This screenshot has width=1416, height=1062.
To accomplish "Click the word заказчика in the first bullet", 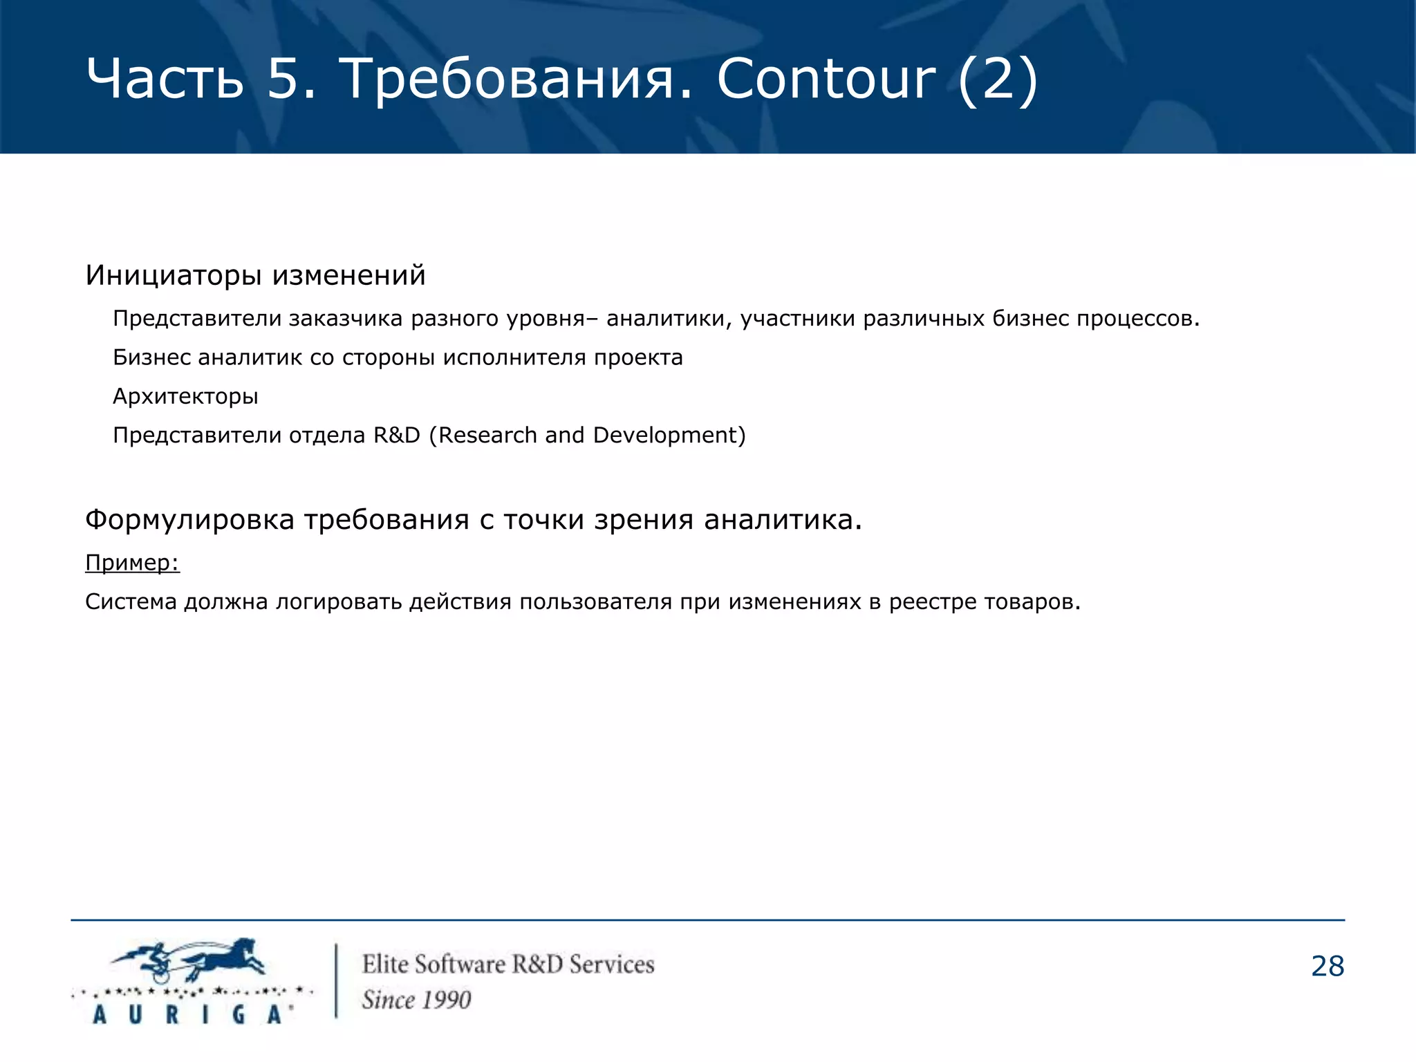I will [x=345, y=319].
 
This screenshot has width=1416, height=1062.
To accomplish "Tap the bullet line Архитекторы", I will [x=185, y=396].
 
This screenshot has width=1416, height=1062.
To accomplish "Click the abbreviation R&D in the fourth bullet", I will [x=397, y=435].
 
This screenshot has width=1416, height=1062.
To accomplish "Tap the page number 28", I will [x=1327, y=966].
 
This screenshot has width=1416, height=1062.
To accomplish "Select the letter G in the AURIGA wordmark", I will [x=239, y=1014].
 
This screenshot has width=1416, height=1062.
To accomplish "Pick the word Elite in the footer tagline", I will [x=385, y=964].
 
